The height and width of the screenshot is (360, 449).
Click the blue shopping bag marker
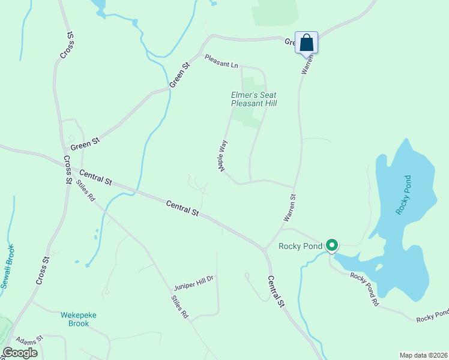[x=306, y=43]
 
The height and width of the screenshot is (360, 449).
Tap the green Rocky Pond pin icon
[x=332, y=245]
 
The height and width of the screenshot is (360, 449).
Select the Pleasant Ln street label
[x=221, y=61]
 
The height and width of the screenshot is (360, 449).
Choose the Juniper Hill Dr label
[x=194, y=278]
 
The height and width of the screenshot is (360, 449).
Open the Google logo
[x=20, y=353]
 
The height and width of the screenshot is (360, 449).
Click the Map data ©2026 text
[x=423, y=355]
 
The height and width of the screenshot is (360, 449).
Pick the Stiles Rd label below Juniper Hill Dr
[x=180, y=307]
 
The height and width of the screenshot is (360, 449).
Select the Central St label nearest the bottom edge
[x=276, y=292]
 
